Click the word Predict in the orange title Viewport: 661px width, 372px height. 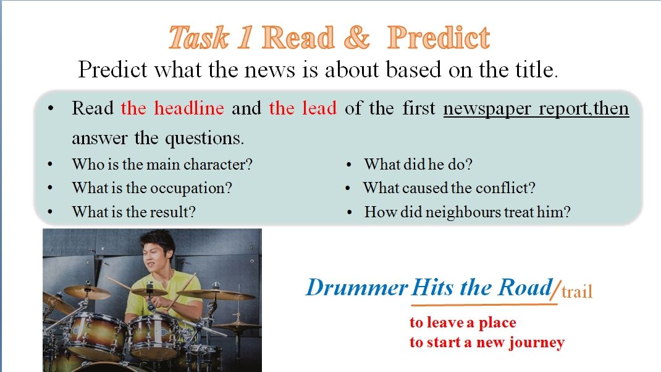click(x=439, y=38)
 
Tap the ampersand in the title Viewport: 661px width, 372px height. click(x=356, y=38)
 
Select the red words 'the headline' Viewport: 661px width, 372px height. click(x=172, y=108)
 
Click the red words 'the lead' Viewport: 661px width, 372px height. click(x=303, y=108)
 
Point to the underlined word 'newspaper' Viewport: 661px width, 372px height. click(x=487, y=109)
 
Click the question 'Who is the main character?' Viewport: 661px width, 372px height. click(x=162, y=164)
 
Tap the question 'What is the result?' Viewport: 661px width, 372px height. click(x=134, y=212)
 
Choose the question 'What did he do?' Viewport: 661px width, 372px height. click(x=418, y=164)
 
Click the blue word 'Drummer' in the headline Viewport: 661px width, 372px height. click(x=356, y=288)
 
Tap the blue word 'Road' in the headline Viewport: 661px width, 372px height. click(x=524, y=288)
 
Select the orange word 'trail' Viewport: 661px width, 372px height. click(x=577, y=292)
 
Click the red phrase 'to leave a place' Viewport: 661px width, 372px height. click(x=463, y=322)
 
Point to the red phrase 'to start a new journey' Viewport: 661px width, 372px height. click(x=487, y=342)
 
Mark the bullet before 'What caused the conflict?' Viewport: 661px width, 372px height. click(x=348, y=188)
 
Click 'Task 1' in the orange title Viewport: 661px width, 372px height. click(x=211, y=38)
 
